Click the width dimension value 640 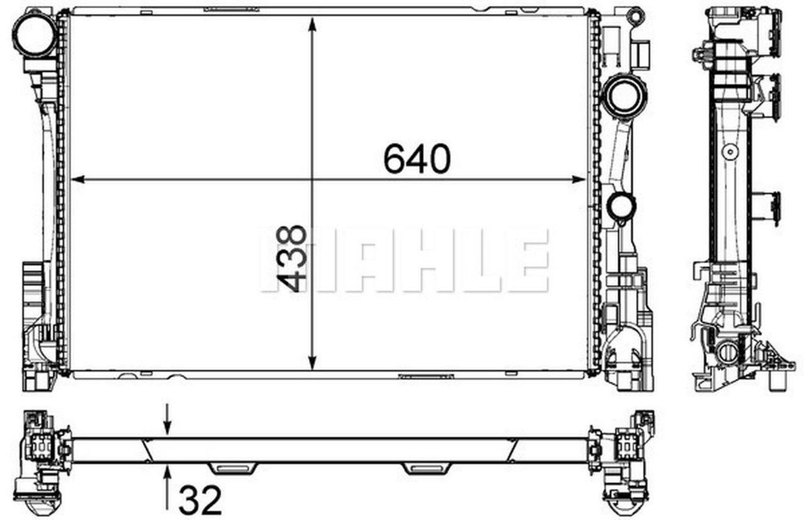coord(416,159)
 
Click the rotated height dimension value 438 coord(293,259)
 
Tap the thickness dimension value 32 coord(200,500)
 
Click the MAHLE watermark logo coord(405,261)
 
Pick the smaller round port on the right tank coord(621,206)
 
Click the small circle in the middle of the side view coord(730,152)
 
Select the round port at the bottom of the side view coord(728,352)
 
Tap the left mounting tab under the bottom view coord(234,468)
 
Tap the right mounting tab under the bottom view coord(426,468)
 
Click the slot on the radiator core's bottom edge coord(426,376)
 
